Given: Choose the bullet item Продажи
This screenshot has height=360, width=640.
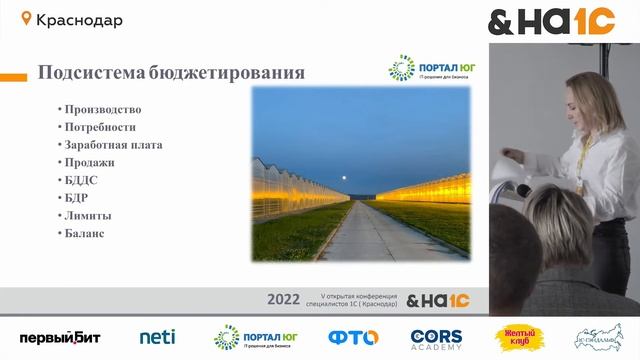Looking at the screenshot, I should pos(89,162).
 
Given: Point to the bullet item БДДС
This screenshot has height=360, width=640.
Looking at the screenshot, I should pos(81,180).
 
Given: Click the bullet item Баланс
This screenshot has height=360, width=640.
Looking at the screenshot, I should pos(84,233).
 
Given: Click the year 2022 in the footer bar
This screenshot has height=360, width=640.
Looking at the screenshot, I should pos(284,299).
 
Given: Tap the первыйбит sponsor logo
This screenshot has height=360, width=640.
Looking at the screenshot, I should pos(60,338).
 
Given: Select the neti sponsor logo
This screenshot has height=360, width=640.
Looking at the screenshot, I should pos(157,338).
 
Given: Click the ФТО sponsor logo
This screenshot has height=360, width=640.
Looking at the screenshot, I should pos(351,338).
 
